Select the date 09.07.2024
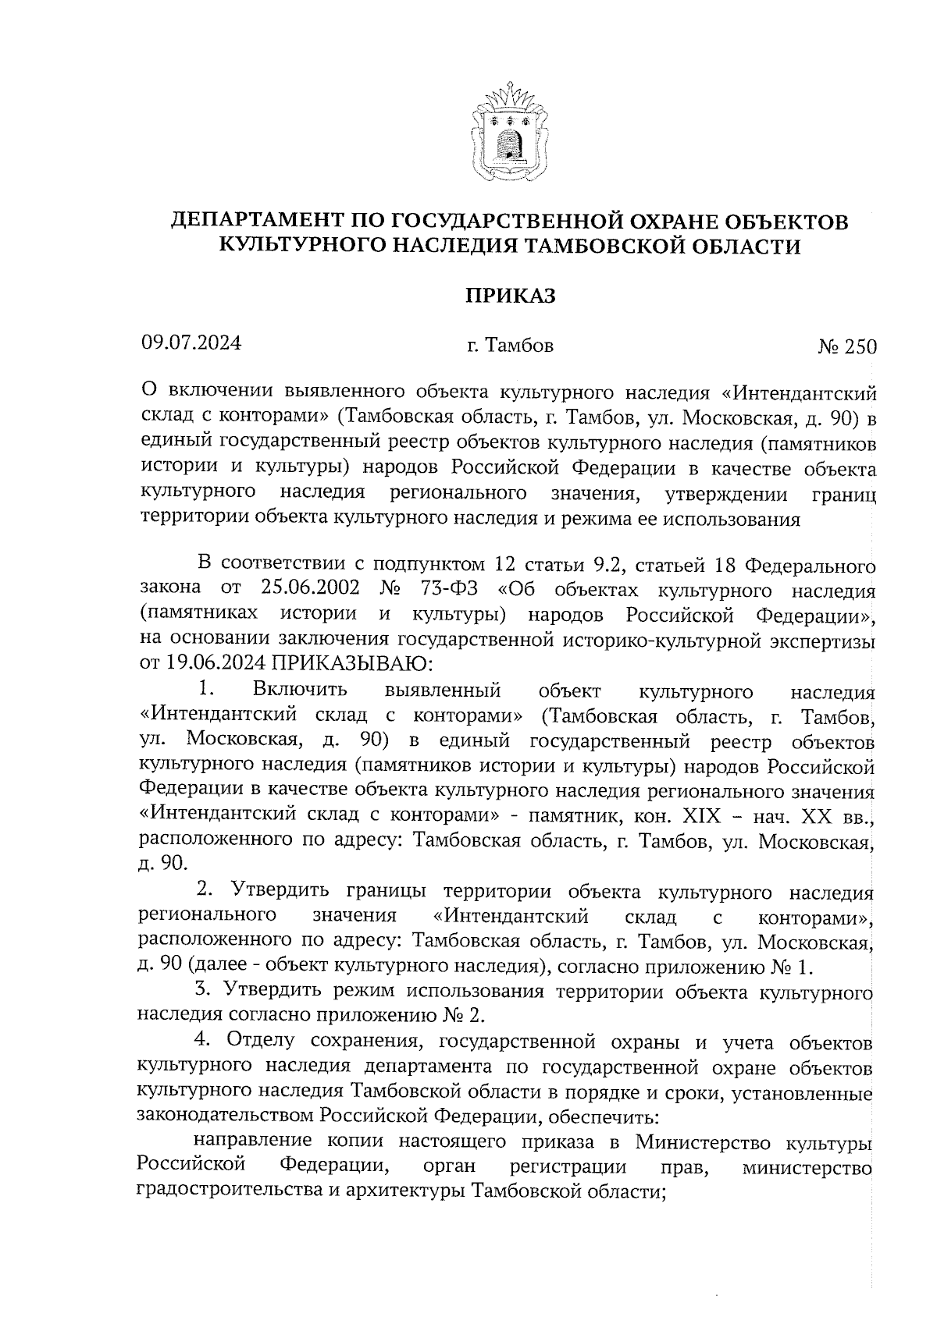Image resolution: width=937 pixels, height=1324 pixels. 191,343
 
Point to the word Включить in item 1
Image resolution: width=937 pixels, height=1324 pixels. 301,690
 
